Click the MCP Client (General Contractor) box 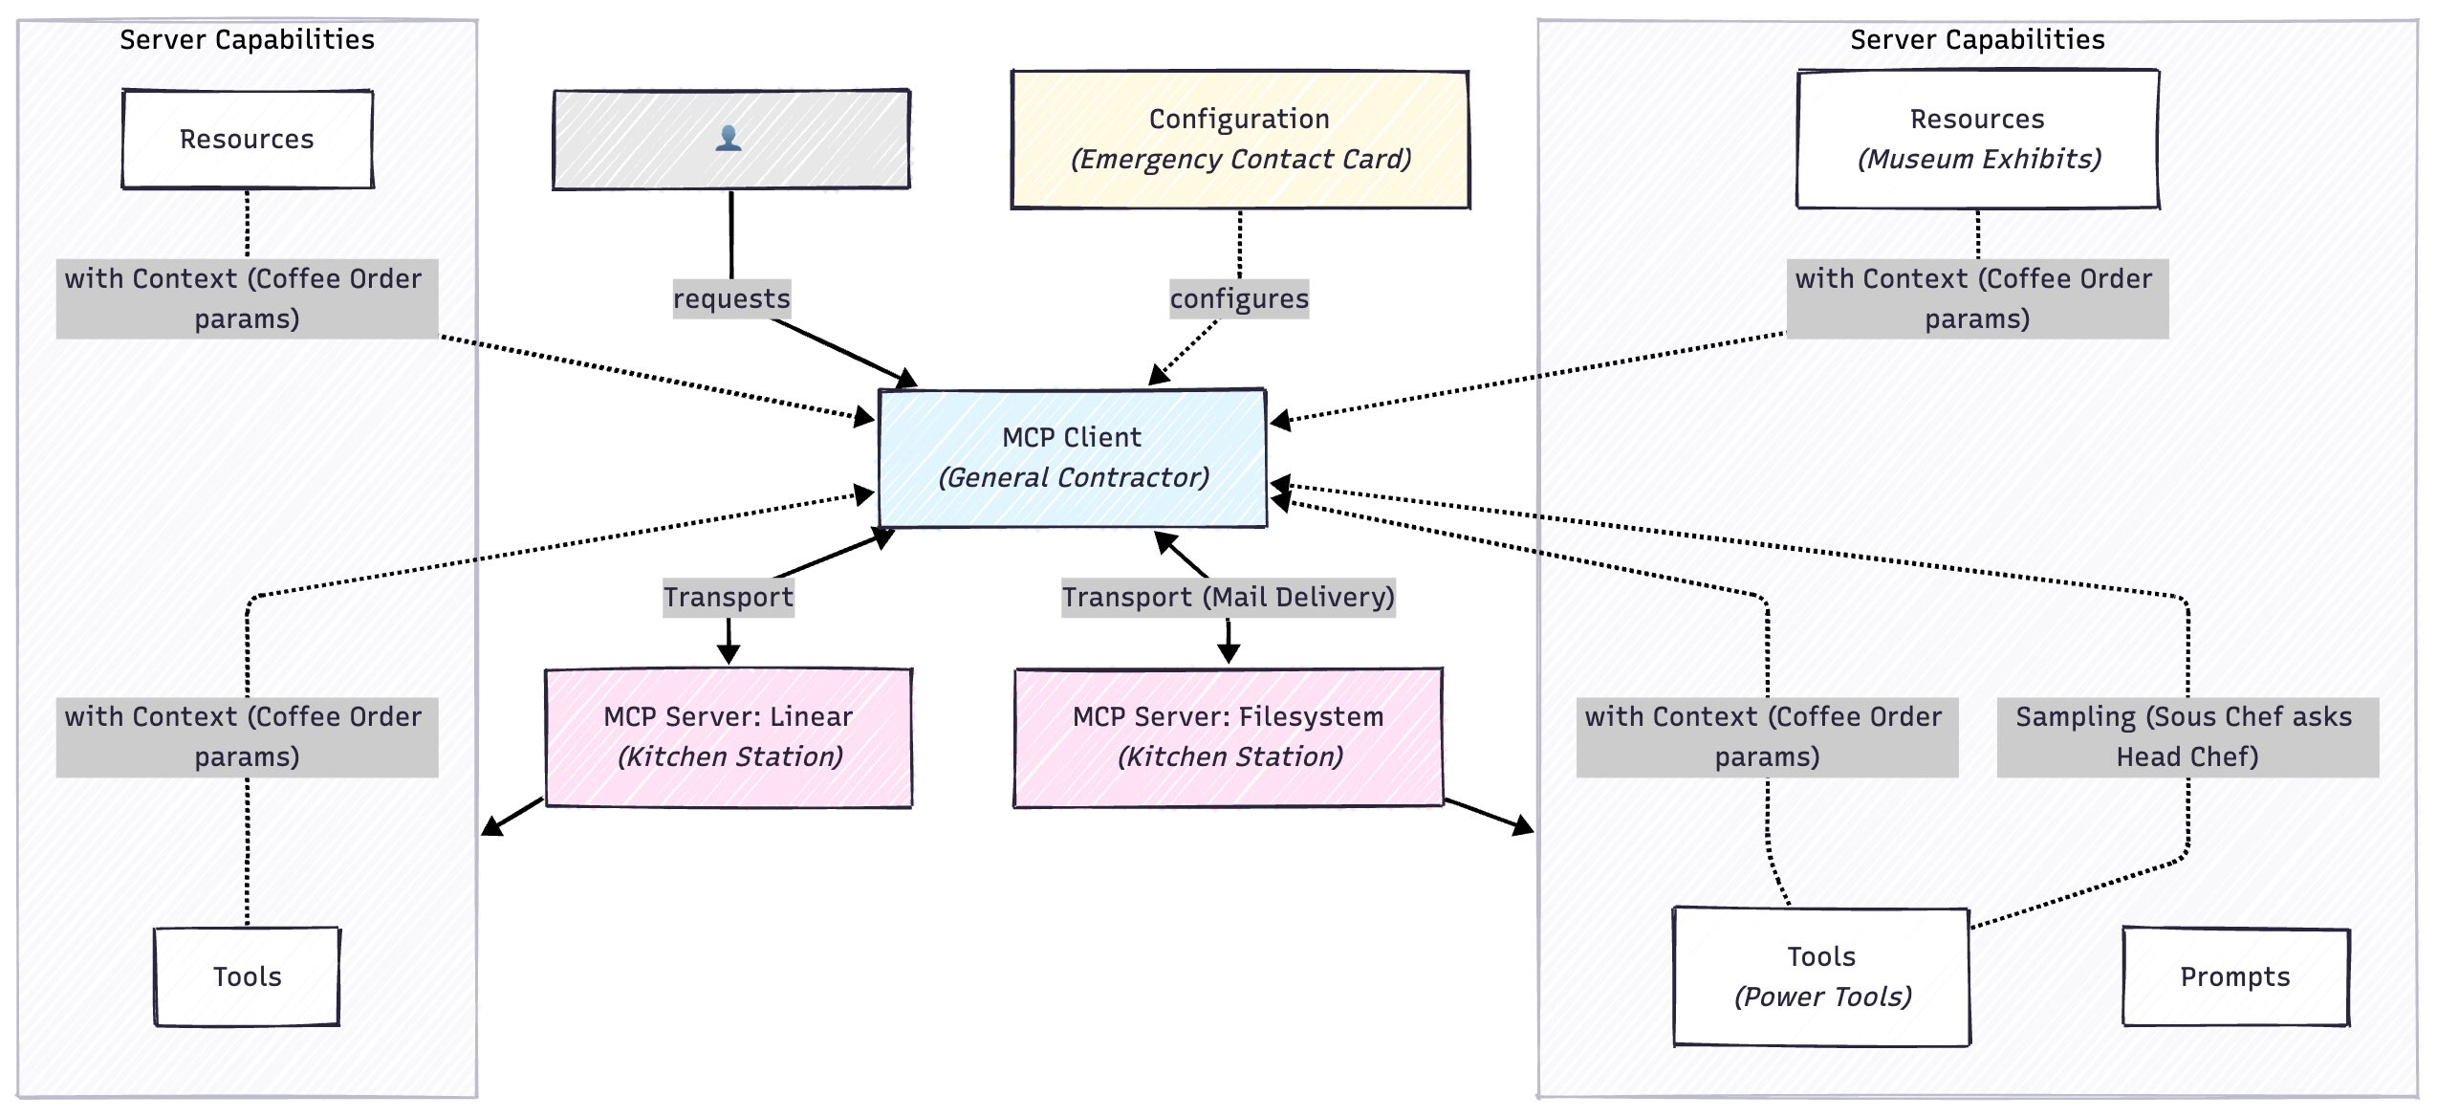click(1072, 457)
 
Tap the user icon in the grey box click(729, 139)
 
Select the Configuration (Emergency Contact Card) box click(1240, 139)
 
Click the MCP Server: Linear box click(729, 736)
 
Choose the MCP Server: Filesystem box click(1228, 736)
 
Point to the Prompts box click(2235, 976)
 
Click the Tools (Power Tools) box click(1821, 976)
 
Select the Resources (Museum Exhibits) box click(1977, 139)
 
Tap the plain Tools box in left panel click(247, 976)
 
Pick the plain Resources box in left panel click(247, 139)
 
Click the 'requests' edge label click(731, 298)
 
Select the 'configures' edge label click(1239, 298)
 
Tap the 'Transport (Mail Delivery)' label click(1228, 597)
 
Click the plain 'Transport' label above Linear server click(729, 597)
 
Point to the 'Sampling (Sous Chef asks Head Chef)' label click(2187, 736)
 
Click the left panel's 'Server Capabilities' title click(247, 39)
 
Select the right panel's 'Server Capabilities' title click(1977, 39)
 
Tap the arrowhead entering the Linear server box click(729, 656)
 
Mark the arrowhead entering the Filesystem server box click(1229, 656)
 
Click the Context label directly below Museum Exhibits click(1977, 298)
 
